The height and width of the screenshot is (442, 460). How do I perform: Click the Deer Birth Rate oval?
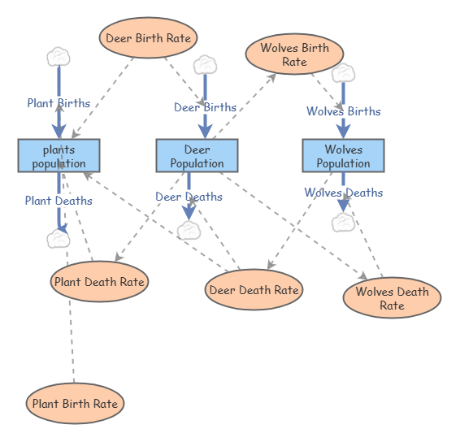(x=148, y=37)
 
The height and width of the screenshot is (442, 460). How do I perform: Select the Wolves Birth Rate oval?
(x=294, y=54)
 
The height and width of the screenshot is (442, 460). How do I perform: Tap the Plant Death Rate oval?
(x=99, y=282)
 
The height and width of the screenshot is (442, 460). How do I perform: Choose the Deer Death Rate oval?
(x=254, y=290)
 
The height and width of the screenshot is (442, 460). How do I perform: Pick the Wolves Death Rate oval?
(x=393, y=297)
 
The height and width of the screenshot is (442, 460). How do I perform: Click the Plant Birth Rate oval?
(x=75, y=403)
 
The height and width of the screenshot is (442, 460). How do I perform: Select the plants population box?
(x=59, y=156)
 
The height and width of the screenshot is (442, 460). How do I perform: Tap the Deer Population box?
(x=197, y=156)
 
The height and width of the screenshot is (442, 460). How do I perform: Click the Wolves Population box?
(x=344, y=156)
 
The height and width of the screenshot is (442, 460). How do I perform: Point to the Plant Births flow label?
(x=59, y=103)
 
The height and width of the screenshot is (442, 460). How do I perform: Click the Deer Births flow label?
(x=206, y=107)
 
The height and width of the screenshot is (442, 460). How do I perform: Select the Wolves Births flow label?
(x=344, y=111)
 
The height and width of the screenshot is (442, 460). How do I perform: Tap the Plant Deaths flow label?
(x=59, y=201)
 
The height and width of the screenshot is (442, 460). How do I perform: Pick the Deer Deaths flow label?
(x=189, y=197)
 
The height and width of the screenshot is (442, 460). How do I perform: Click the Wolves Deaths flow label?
(x=344, y=193)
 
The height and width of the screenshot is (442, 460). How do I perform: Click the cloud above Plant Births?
(x=59, y=57)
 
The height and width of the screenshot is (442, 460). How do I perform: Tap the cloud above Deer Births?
(x=206, y=65)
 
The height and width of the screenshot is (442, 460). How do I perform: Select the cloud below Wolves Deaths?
(x=344, y=223)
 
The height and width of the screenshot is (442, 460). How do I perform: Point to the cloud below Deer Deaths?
(x=189, y=231)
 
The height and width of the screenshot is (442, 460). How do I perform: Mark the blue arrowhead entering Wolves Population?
(x=344, y=132)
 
